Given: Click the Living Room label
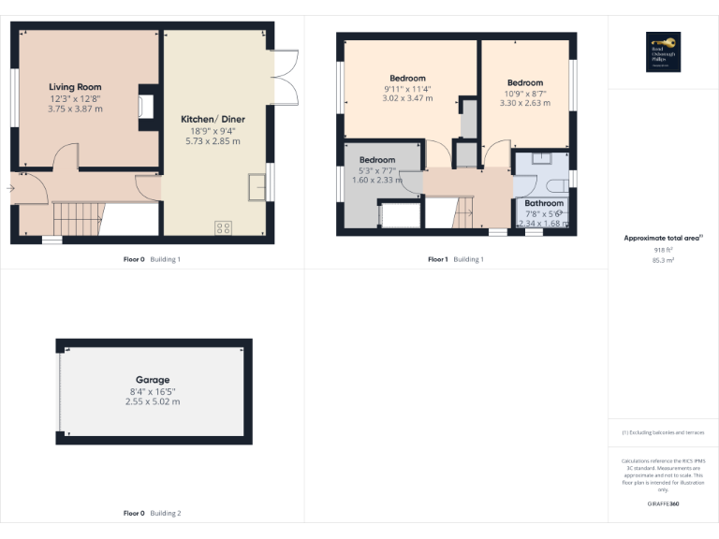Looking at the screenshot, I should (75, 87).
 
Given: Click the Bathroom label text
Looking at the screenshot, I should (544, 203).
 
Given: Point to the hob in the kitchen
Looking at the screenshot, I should (224, 226).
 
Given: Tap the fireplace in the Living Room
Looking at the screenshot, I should (146, 104).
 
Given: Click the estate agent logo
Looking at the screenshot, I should (663, 51).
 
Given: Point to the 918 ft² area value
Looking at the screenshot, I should (663, 250).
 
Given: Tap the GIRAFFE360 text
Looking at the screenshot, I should (663, 504).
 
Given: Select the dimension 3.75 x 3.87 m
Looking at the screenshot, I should (75, 109).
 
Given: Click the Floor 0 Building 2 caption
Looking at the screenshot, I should (153, 513).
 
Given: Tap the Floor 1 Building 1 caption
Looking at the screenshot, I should (456, 259).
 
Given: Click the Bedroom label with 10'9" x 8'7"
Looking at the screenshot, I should (525, 82).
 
